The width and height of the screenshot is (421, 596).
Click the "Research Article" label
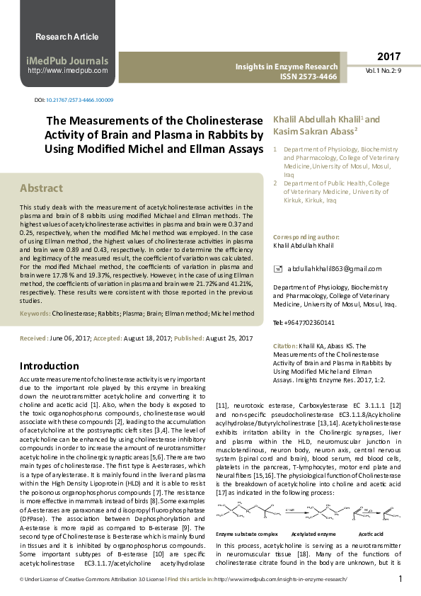pyautogui.click(x=67, y=37)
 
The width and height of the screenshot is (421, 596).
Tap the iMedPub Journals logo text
pyautogui.click(x=67, y=60)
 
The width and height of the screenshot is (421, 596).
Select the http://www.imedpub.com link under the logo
pyautogui.click(x=67, y=71)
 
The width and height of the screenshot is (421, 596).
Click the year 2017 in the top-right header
pyautogui.click(x=388, y=57)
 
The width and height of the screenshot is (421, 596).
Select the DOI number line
pyautogui.click(x=74, y=101)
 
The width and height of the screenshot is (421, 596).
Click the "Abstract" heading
pyautogui.click(x=41, y=188)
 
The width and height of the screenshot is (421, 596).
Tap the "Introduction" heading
pyautogui.click(x=50, y=366)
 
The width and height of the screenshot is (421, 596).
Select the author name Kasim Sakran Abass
pyautogui.click(x=305, y=131)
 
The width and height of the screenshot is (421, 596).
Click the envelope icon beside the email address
pyautogui.click(x=277, y=269)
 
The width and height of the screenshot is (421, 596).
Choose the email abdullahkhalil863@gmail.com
pyautogui.click(x=335, y=269)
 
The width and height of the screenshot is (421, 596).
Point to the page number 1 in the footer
pyautogui.click(x=400, y=580)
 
